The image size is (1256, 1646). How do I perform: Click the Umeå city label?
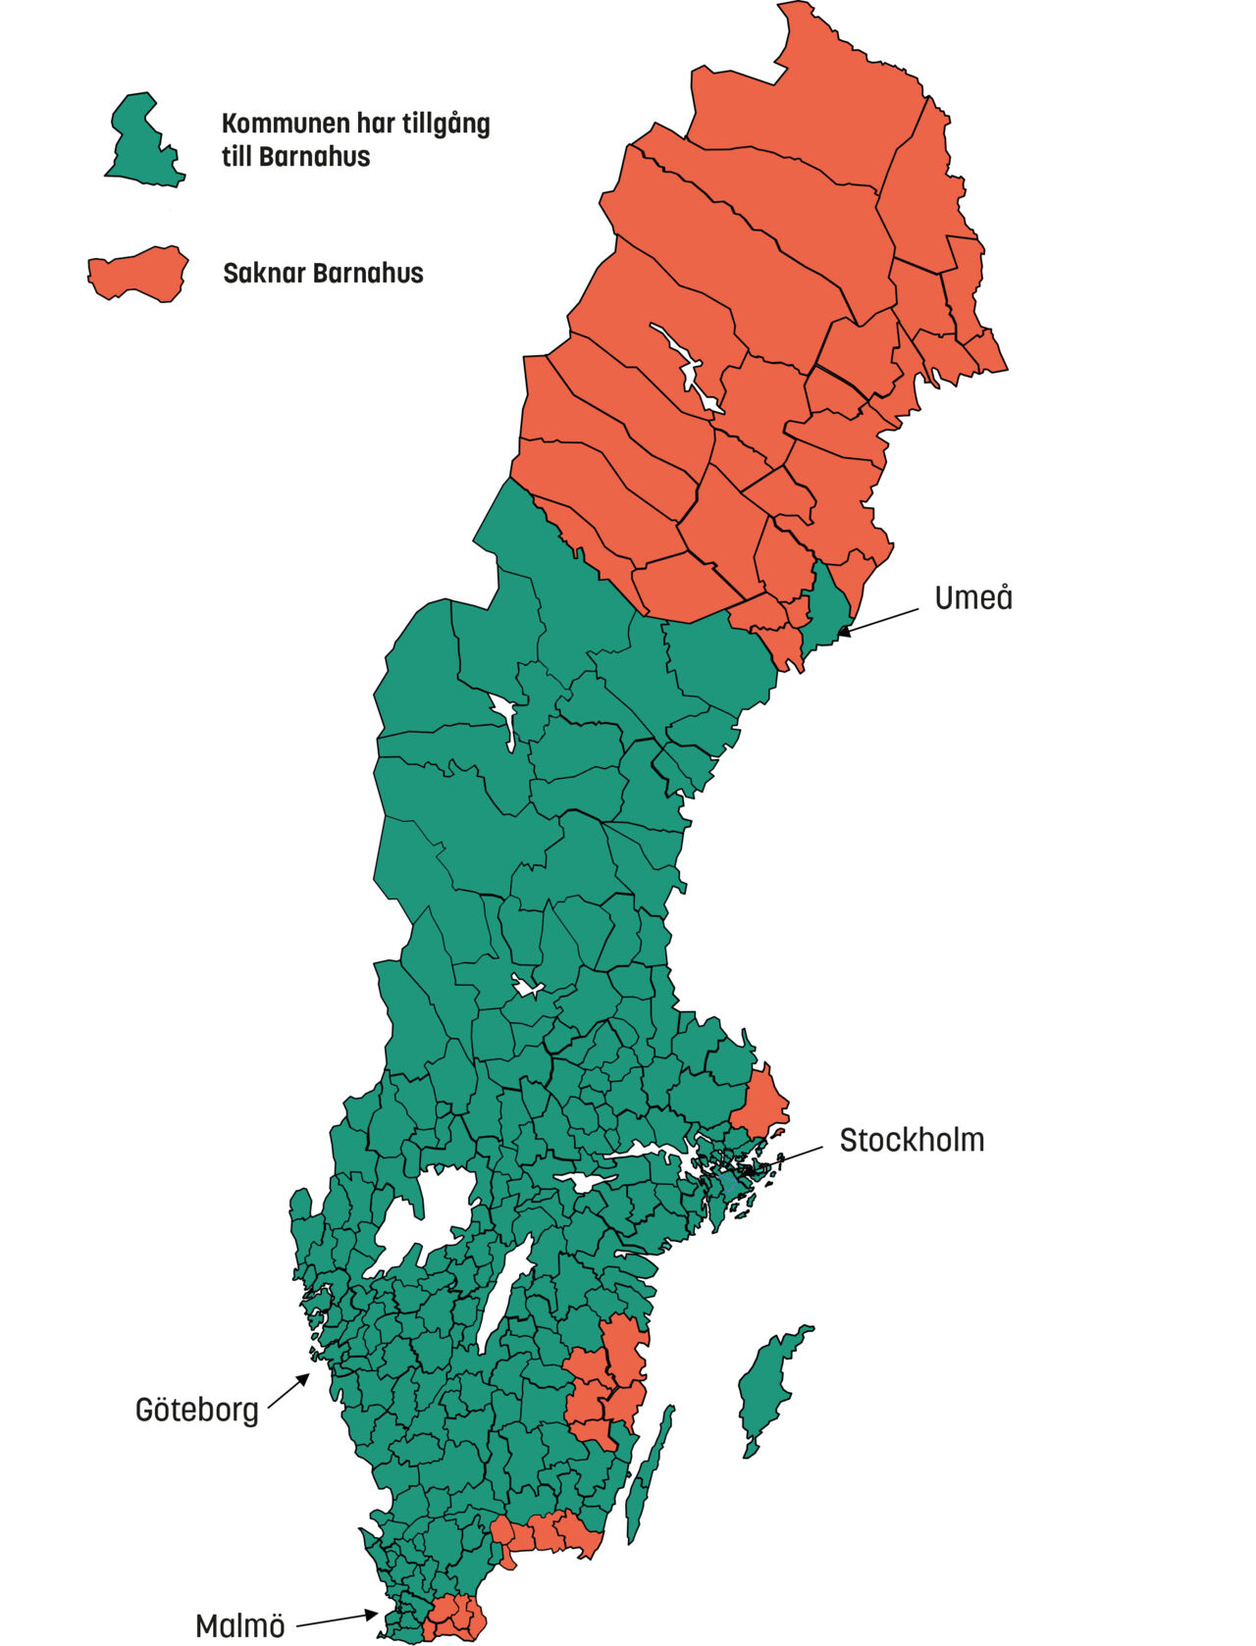click(972, 597)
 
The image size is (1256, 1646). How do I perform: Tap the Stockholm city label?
click(912, 1140)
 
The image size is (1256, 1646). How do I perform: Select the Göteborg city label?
click(196, 1411)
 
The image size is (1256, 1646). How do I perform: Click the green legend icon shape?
click(144, 142)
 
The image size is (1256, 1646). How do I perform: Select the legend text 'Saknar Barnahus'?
click(323, 273)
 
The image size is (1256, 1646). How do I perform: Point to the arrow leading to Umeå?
click(878, 621)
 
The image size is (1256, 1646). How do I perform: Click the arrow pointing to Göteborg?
click(288, 1391)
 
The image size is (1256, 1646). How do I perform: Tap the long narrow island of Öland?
click(650, 1471)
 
